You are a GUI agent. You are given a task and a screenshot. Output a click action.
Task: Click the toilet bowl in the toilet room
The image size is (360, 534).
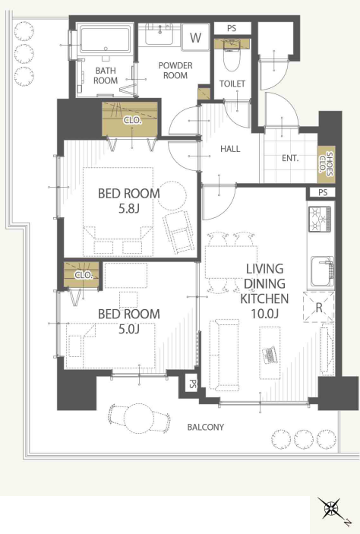click(x=232, y=55)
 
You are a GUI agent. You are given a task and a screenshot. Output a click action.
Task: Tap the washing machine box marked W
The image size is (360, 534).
click(x=195, y=37)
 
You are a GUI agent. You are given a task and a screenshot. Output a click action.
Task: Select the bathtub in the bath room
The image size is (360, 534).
click(x=106, y=40)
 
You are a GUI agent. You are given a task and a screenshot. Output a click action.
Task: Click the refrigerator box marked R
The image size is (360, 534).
click(x=319, y=307)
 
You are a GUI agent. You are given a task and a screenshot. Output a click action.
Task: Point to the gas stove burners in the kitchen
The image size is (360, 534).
click(x=320, y=217)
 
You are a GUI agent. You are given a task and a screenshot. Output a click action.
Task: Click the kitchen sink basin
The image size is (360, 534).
click(x=322, y=271)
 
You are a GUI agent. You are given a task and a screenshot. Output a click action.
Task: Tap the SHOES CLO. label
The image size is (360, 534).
click(x=326, y=164)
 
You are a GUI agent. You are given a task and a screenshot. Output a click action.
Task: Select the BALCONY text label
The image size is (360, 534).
click(x=206, y=427)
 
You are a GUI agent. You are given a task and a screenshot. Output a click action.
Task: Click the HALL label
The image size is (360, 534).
click(x=230, y=148)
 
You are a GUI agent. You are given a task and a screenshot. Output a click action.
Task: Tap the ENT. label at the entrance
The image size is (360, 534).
click(x=290, y=158)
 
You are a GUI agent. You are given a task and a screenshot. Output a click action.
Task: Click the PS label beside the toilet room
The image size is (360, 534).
click(x=232, y=28)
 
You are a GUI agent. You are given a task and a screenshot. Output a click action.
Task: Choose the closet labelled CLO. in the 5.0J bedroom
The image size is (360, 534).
click(x=81, y=274)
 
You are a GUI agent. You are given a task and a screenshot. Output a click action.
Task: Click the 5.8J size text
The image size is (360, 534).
click(x=129, y=208)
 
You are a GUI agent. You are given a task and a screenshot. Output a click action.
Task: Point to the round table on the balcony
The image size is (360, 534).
click(x=138, y=419)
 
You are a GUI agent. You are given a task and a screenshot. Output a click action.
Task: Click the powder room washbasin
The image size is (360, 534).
click(x=159, y=34)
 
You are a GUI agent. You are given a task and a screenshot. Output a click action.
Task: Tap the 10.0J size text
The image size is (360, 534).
click(x=264, y=313)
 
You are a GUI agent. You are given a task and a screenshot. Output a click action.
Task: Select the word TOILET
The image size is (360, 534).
click(x=232, y=84)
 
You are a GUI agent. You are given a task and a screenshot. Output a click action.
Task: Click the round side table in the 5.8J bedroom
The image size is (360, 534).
click(x=172, y=196)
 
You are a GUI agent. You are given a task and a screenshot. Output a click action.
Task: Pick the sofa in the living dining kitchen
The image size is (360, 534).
click(x=223, y=355)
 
